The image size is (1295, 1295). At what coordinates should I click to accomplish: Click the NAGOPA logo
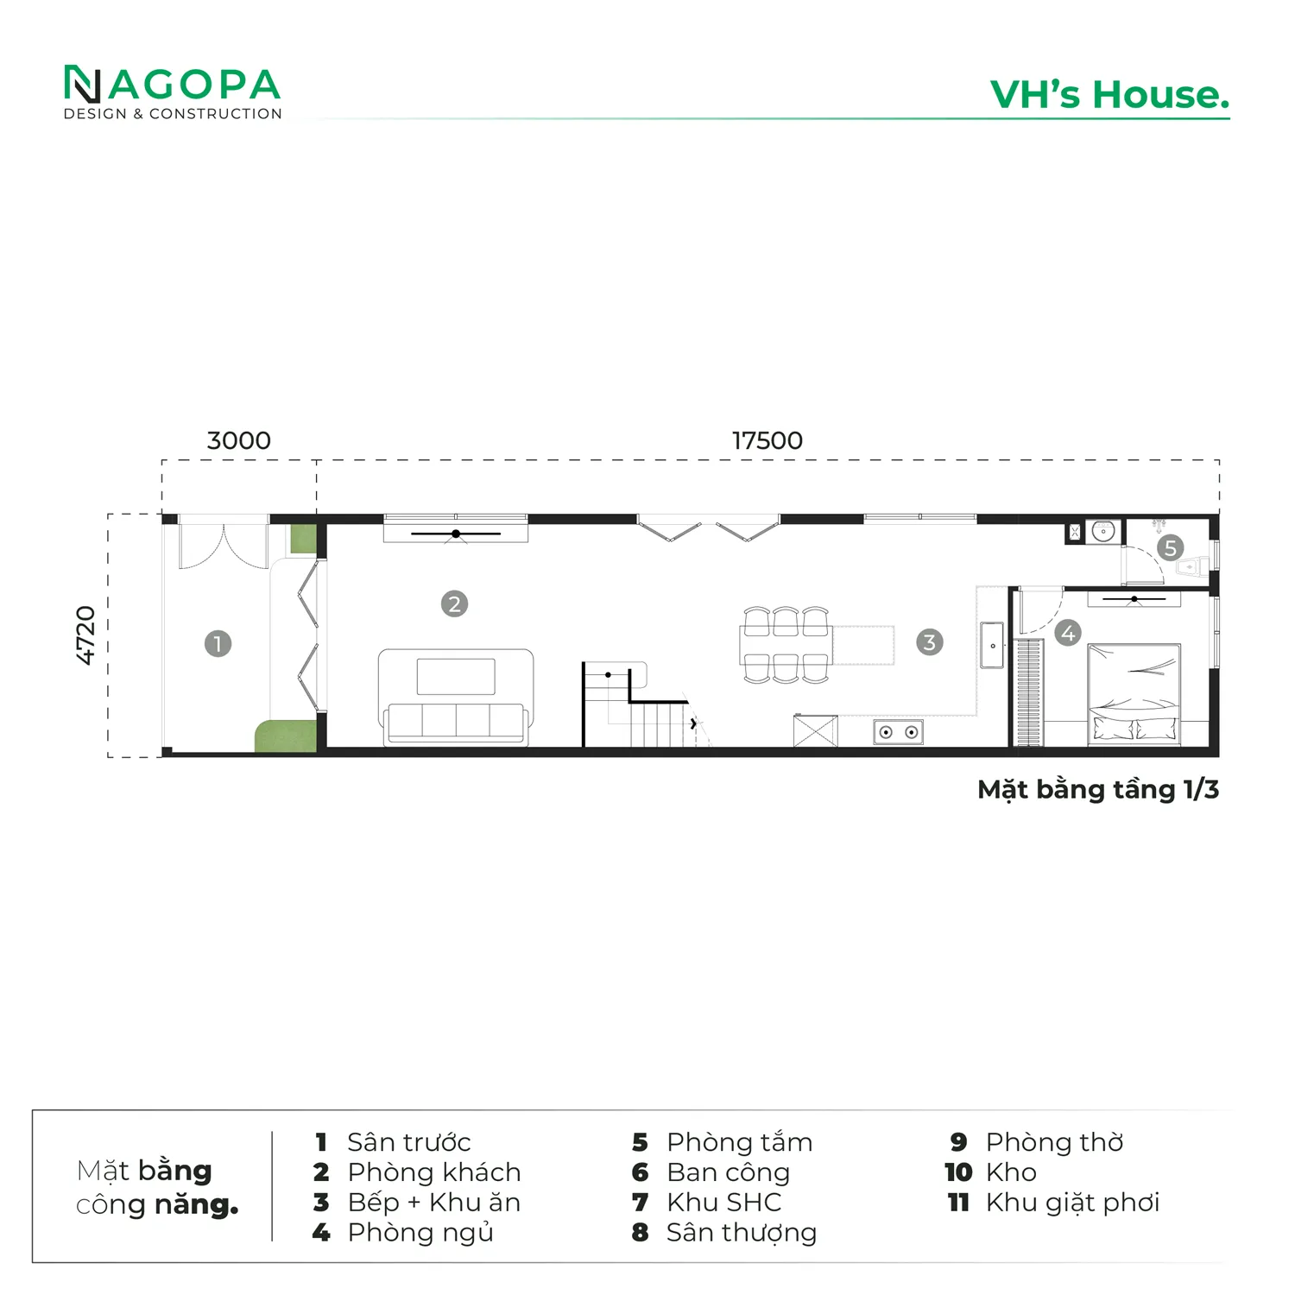pos(173,92)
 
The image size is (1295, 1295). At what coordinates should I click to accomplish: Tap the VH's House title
pos(1110,95)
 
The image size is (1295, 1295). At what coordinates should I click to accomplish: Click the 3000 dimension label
pos(239,440)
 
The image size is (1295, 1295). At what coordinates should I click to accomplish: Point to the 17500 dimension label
pos(768,440)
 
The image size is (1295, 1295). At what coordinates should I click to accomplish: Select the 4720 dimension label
pos(85,635)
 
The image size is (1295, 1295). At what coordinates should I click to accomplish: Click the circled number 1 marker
pos(218,643)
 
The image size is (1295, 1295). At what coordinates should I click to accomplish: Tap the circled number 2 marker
pos(454,603)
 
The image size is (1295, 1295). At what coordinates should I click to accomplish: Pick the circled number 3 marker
pos(929,641)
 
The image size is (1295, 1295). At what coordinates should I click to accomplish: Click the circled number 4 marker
pos(1068,633)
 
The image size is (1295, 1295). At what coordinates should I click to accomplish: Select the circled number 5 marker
pos(1170,547)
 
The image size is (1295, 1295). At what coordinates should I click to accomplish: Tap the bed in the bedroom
pos(1134,693)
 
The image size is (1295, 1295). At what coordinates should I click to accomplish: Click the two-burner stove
pos(898,732)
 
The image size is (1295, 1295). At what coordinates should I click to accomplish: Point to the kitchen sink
pos(992,644)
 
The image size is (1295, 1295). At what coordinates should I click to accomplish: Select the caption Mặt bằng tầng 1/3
pos(1098,790)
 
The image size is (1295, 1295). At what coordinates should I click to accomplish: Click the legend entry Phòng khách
pos(434,1172)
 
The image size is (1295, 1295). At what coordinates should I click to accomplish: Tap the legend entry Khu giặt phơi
pos(1072,1203)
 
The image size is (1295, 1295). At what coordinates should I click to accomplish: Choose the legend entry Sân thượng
pos(742,1233)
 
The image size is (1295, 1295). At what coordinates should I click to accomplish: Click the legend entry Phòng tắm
pos(740,1142)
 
